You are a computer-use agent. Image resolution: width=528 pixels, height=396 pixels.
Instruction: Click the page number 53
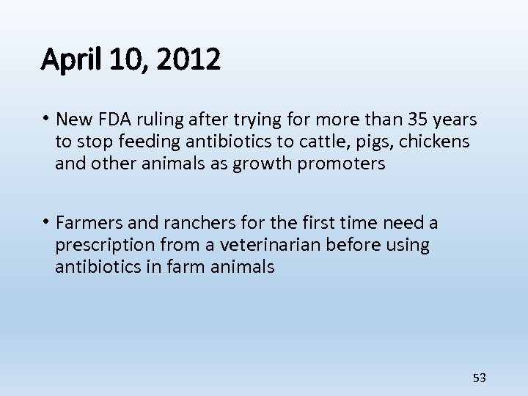coord(480,378)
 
